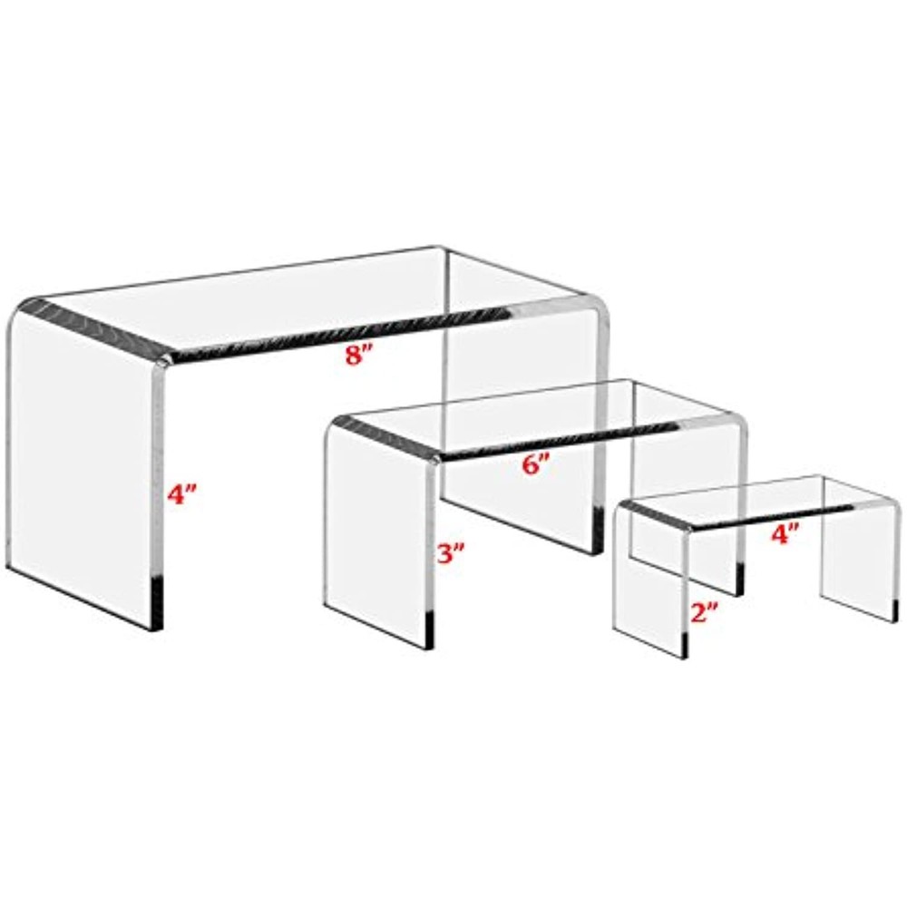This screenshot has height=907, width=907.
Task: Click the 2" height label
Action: click(703, 613)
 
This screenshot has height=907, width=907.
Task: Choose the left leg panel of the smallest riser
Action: click(649, 580)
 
